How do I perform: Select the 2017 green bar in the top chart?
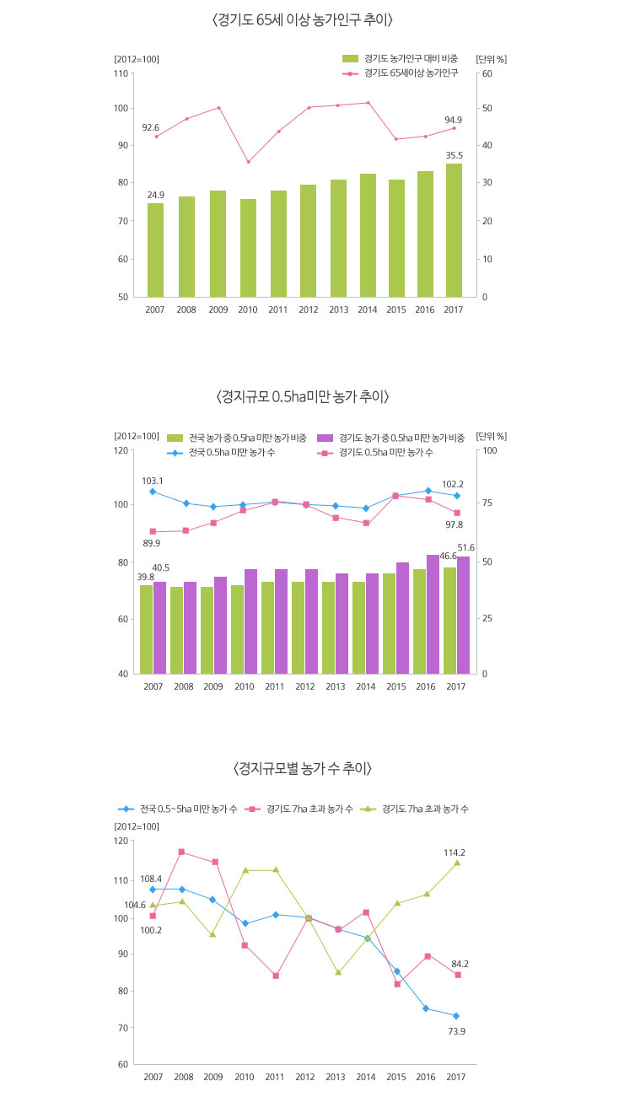pos(454,230)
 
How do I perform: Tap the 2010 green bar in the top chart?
pos(248,248)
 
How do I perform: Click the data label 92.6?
pos(150,127)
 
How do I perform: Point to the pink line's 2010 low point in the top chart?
pos(248,162)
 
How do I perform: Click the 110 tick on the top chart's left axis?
pos(121,73)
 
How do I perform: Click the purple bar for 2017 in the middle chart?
pos(463,616)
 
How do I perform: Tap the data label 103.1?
pos(152,480)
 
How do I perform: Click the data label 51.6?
pos(465,548)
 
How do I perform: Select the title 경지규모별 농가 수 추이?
pos(302,768)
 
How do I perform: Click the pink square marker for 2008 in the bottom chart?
pos(181,852)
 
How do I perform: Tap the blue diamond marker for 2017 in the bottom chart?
pos(456,1016)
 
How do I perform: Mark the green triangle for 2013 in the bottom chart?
pos(338,972)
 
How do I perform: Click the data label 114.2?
pos(455,852)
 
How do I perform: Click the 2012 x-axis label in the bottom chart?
pos(305,1076)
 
